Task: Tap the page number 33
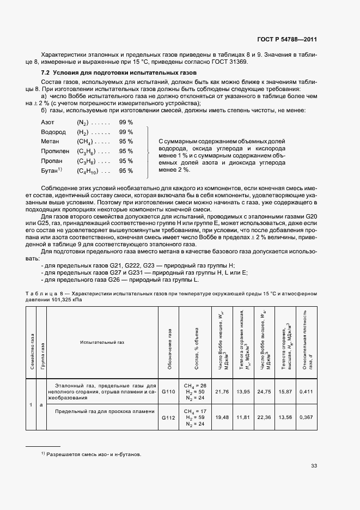314,465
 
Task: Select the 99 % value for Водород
126,132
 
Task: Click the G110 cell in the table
169,392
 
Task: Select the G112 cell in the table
169,417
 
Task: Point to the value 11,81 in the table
243,417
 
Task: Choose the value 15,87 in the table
285,392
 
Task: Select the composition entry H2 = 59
194,417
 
